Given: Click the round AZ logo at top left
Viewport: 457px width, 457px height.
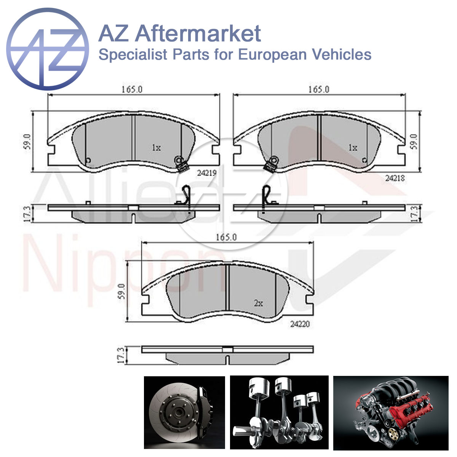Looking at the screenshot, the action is pyautogui.click(x=48, y=49).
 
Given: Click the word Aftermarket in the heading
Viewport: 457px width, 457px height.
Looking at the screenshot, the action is pyautogui.click(x=198, y=34).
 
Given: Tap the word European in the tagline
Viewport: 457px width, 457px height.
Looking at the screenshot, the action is pyautogui.click(x=272, y=54).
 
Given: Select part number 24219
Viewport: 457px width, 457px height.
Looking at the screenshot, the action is pyautogui.click(x=207, y=173).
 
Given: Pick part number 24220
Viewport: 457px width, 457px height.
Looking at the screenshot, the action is pyautogui.click(x=300, y=324).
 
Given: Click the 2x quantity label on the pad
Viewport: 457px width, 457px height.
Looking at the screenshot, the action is pyautogui.click(x=258, y=303).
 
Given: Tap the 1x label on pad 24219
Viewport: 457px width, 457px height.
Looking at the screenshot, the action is pyautogui.click(x=156, y=148).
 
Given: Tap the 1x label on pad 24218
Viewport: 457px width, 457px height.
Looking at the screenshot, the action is pyautogui.click(x=353, y=148).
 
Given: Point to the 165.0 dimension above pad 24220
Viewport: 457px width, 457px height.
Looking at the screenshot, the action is pyautogui.click(x=226, y=237).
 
